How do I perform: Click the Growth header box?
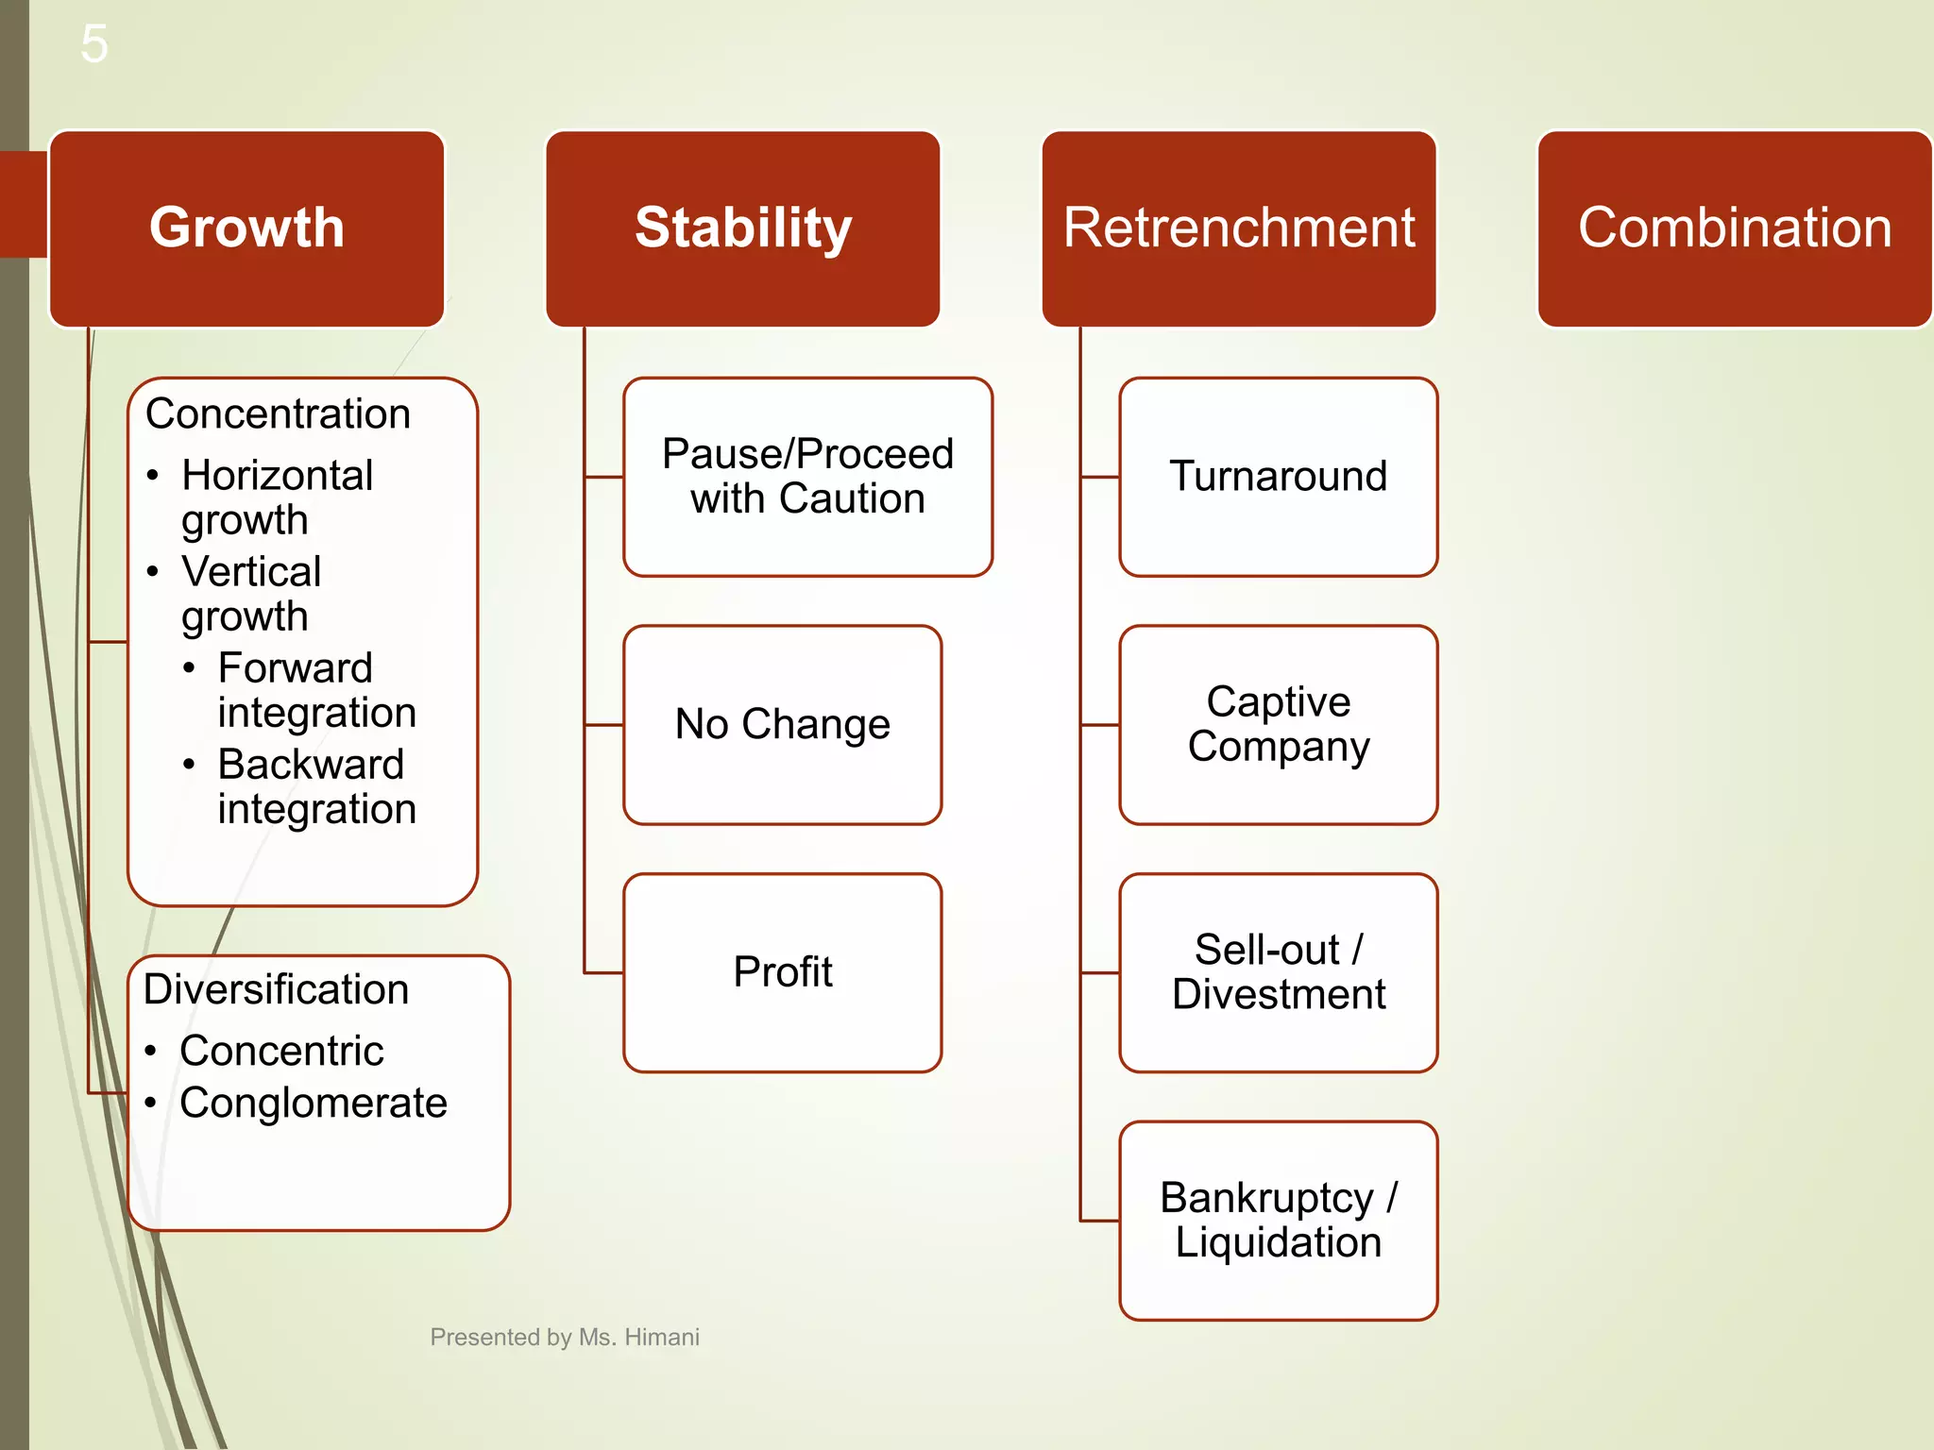(246, 228)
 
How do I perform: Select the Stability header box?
(743, 228)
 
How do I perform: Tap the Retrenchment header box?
(1239, 228)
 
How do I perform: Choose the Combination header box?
(1735, 228)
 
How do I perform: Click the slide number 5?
(94, 43)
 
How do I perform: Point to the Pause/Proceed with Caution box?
(807, 477)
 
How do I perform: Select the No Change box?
(782, 725)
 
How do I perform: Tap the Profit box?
(782, 972)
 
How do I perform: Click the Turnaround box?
(1278, 477)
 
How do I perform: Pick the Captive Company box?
(1278, 725)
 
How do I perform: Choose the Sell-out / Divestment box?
(1278, 972)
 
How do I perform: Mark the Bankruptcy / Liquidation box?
(1278, 1221)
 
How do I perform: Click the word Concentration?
(278, 414)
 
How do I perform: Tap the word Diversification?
(276, 990)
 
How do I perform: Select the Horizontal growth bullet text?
(277, 497)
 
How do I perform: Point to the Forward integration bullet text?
(316, 690)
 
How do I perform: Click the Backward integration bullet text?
(316, 786)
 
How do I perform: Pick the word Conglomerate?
(313, 1104)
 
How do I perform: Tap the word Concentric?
(281, 1052)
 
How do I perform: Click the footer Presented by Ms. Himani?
(565, 1338)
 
